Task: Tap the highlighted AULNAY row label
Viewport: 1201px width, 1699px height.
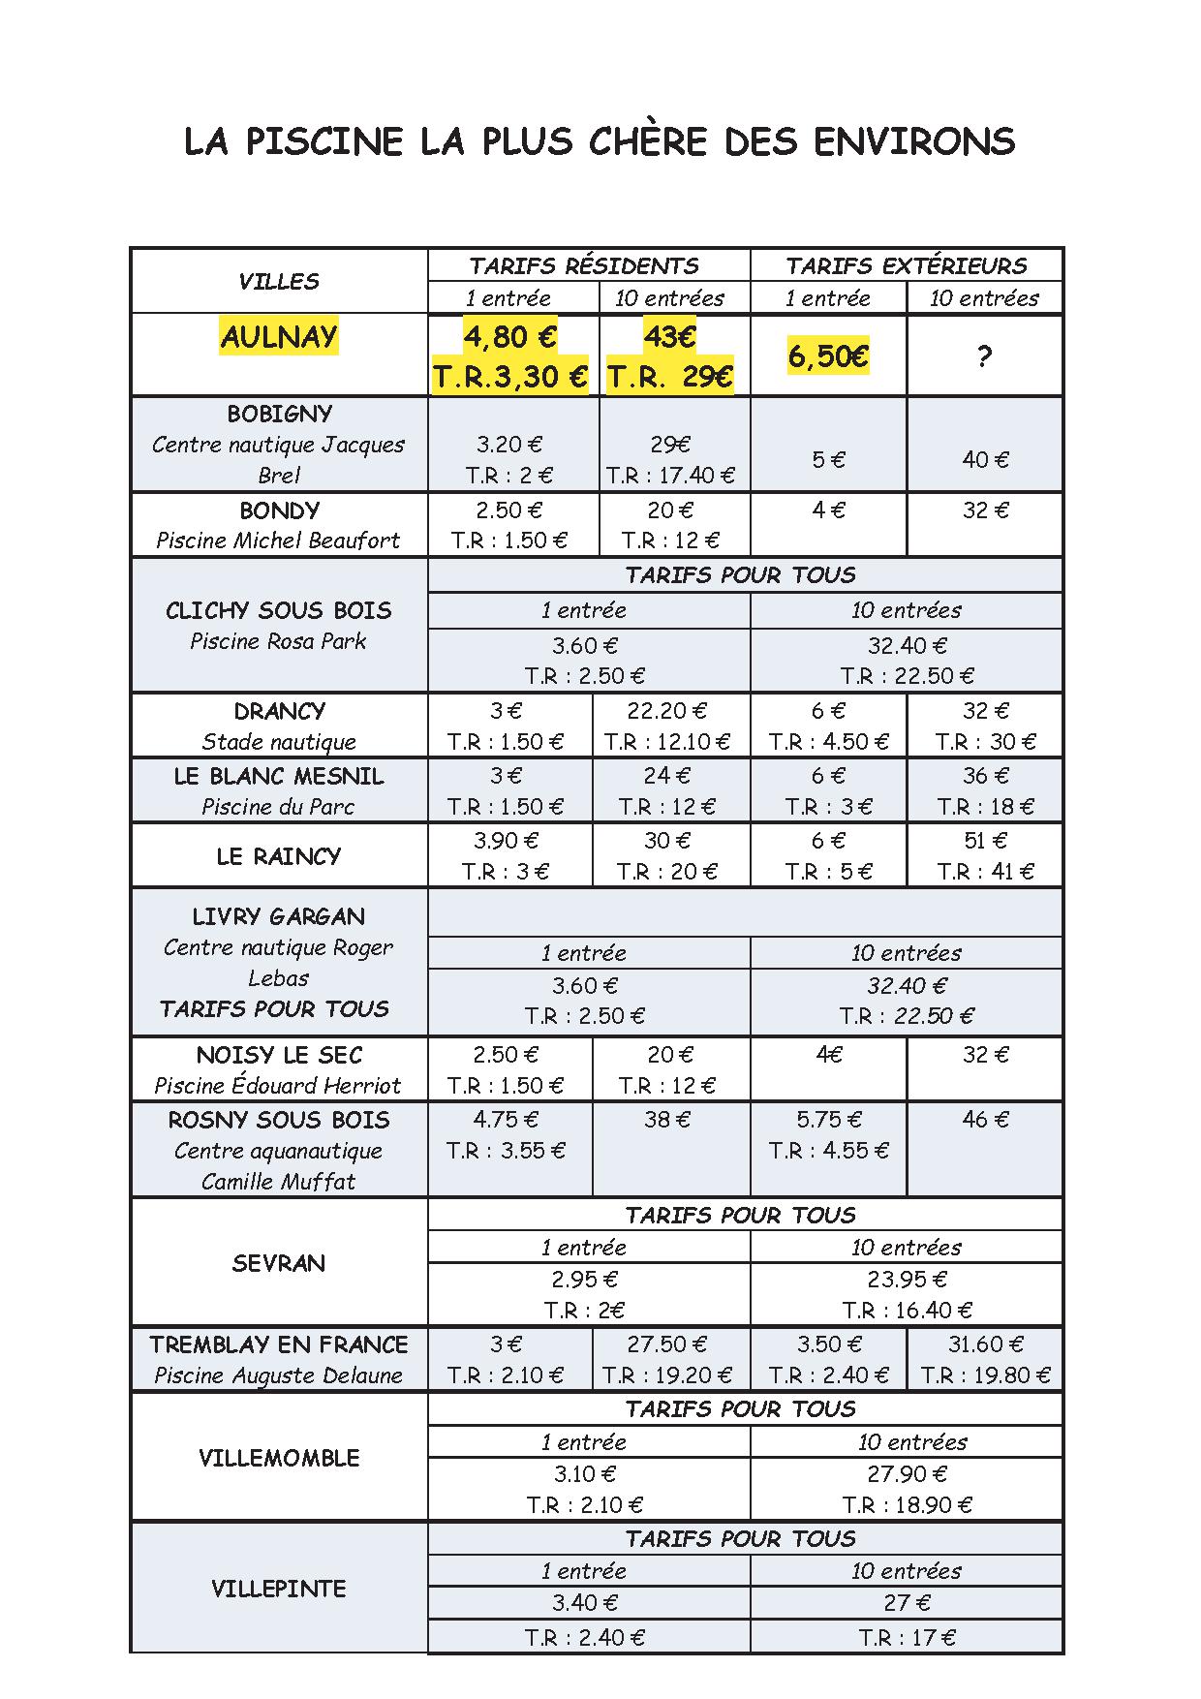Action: (x=279, y=337)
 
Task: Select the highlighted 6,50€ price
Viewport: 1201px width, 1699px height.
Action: (x=828, y=356)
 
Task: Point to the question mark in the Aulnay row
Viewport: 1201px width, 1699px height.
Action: (x=984, y=356)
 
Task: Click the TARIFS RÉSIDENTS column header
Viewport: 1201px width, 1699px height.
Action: (x=584, y=265)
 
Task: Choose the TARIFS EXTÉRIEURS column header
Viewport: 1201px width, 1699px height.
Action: (x=907, y=265)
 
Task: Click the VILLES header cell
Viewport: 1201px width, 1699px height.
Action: (x=279, y=282)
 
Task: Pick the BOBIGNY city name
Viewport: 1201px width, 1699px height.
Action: (x=279, y=414)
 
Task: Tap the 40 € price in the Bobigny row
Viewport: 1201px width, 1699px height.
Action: (x=985, y=460)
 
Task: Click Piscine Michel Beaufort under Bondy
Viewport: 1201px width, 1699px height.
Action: (x=279, y=541)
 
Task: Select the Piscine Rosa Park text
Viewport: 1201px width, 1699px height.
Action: (x=279, y=641)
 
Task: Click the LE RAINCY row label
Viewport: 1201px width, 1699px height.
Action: (x=279, y=856)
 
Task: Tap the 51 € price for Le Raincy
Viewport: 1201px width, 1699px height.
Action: (x=985, y=840)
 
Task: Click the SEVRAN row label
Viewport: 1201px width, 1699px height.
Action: (x=279, y=1263)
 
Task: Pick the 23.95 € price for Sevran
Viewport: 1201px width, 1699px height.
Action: (x=907, y=1280)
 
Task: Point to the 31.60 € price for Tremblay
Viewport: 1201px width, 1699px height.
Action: (x=985, y=1344)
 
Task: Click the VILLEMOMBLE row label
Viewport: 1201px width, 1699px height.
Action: (x=279, y=1458)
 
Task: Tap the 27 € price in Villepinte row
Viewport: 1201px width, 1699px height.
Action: (x=907, y=1603)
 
